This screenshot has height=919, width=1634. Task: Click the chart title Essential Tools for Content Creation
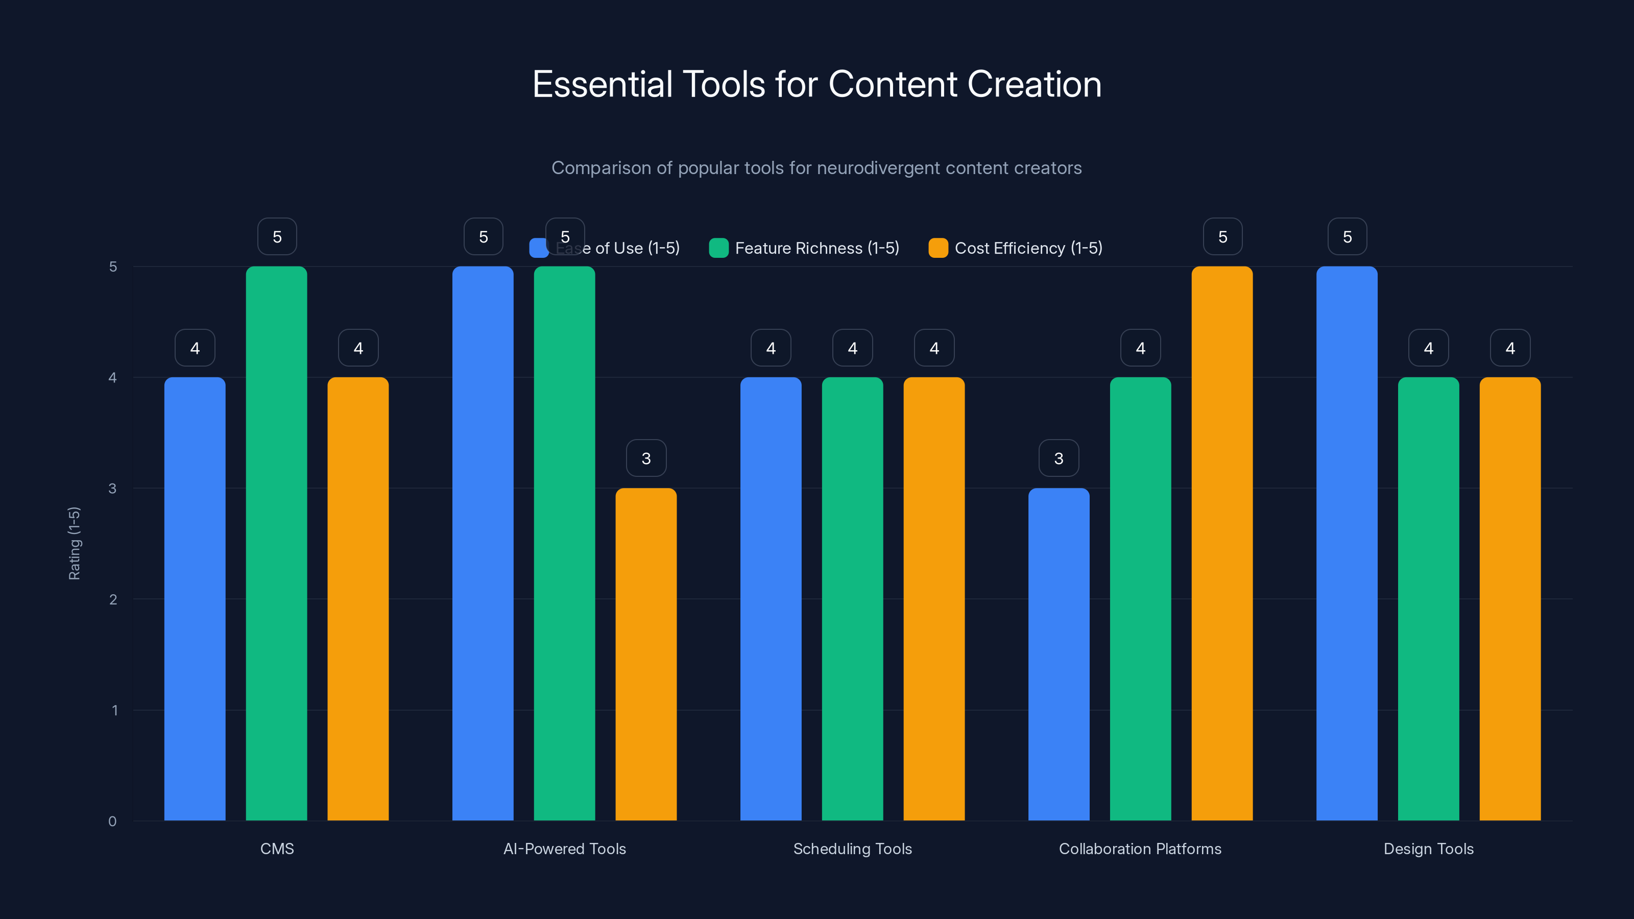[816, 84]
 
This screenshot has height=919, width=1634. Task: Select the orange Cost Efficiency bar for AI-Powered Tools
[646, 654]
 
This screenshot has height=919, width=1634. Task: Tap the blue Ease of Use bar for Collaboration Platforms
[1058, 654]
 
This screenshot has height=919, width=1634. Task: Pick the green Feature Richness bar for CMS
[277, 543]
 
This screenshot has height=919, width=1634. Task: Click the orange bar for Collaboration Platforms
[1222, 543]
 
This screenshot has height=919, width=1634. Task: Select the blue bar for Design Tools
[1347, 543]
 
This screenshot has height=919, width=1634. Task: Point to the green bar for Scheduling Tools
[852, 599]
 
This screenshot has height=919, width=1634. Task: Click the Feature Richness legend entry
[804, 248]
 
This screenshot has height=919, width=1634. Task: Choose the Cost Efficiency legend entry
[1016, 248]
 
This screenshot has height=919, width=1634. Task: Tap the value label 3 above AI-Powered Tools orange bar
[646, 458]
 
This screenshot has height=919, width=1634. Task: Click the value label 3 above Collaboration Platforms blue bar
[1058, 458]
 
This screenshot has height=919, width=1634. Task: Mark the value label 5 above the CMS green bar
[277, 236]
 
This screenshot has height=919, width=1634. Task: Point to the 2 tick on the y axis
[113, 599]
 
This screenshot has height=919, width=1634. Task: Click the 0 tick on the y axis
[112, 821]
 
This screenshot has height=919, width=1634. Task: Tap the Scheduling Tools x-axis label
[852, 849]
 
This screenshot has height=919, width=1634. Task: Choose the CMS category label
[277, 849]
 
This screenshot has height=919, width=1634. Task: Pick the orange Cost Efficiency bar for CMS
[358, 599]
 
